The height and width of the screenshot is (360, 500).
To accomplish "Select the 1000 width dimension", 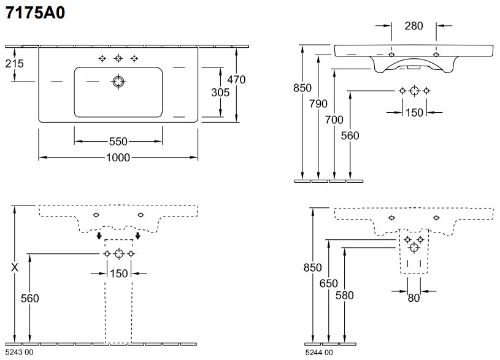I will coord(118,158).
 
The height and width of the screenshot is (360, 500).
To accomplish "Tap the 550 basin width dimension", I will coord(118,140).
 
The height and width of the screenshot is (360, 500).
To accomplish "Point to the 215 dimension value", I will coord(15,63).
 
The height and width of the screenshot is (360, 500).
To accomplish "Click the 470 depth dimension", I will coord(236,79).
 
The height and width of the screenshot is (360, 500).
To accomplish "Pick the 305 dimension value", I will coord(220,92).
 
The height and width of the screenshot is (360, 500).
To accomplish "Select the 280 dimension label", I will coord(413,26).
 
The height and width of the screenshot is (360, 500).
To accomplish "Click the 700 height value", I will coord(334,120).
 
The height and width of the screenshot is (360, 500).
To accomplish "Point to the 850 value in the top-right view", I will coord(303,88).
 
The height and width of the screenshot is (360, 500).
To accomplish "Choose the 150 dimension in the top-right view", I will coord(414,112).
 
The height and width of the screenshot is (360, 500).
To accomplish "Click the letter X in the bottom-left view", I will coord(15,268).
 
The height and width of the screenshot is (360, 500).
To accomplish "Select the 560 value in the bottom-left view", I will coord(30,299).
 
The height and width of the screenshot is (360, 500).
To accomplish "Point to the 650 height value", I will coord(328,283).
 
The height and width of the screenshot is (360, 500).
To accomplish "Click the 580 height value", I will coord(344,295).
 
